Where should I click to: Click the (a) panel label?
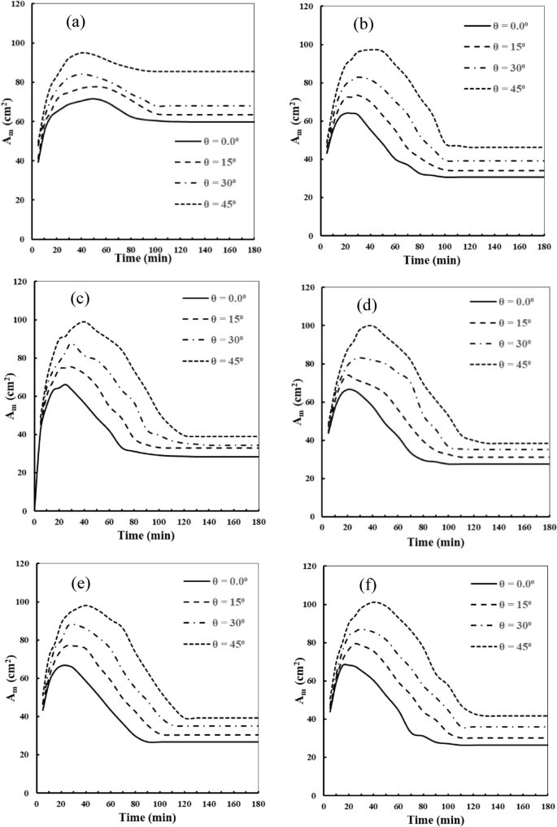tap(76, 22)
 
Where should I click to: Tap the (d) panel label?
tap(366, 305)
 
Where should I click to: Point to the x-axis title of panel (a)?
tap(143, 258)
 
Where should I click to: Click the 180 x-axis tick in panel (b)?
tap(544, 247)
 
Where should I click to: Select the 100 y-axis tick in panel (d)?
tap(310, 326)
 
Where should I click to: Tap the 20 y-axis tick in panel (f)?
tap(312, 757)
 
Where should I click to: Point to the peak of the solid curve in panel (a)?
tap(93, 98)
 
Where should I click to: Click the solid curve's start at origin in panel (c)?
tap(34, 510)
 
